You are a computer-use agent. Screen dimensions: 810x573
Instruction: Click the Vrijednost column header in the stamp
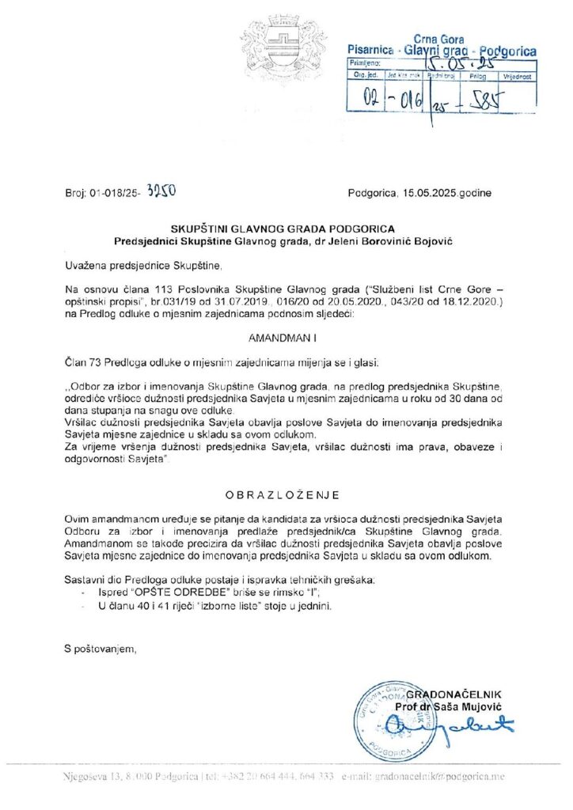[x=518, y=77]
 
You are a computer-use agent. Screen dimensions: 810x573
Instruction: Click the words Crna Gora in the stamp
[x=439, y=40]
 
